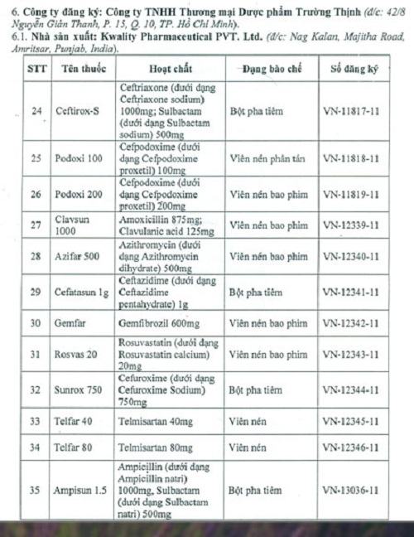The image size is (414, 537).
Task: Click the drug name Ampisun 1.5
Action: pyautogui.click(x=81, y=490)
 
